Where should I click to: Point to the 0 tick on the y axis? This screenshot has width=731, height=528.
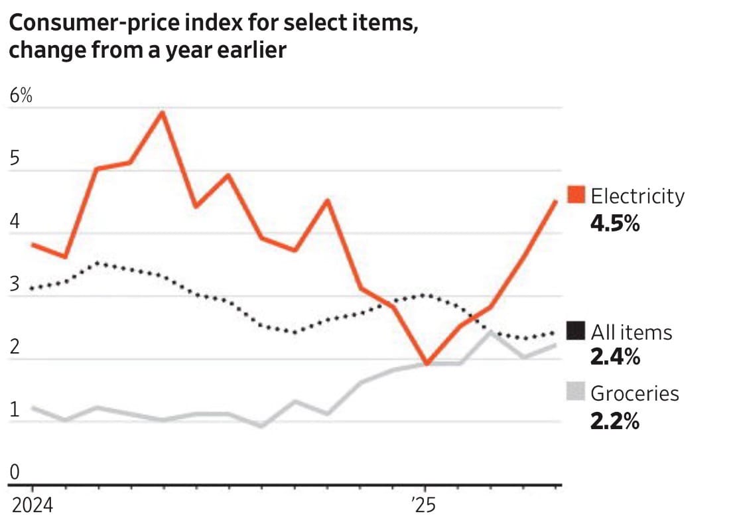[14, 472]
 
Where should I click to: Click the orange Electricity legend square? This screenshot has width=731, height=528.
[576, 196]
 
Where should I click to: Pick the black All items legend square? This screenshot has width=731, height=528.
[576, 332]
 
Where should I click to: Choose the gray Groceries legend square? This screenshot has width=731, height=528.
[576, 393]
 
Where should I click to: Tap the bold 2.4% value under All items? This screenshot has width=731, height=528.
[615, 358]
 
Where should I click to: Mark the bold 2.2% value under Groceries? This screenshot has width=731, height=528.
[615, 420]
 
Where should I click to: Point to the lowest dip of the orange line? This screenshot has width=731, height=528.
[428, 363]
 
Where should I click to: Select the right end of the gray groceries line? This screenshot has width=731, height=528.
[555, 345]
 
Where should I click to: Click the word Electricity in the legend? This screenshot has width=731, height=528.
[637, 196]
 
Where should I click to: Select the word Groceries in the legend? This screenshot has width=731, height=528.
[635, 393]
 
